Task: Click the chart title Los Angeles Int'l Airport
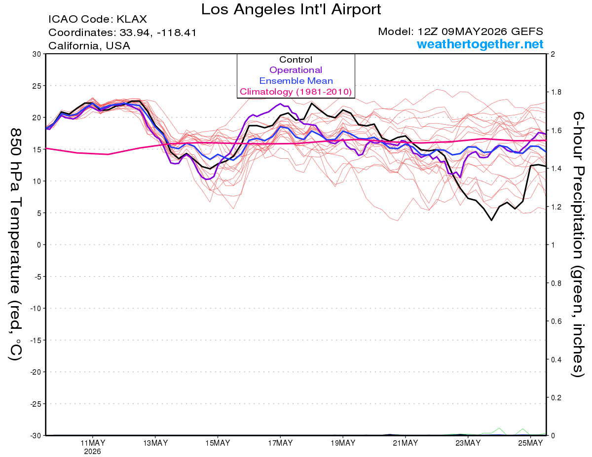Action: click(x=291, y=9)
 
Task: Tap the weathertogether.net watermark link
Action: click(x=480, y=44)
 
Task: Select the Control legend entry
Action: click(x=296, y=60)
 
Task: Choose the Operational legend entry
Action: click(x=296, y=70)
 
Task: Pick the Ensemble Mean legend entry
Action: click(x=296, y=81)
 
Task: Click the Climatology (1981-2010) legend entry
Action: click(x=296, y=92)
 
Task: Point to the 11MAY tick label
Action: click(x=93, y=443)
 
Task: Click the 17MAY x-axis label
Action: click(x=280, y=443)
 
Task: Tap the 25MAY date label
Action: click(x=530, y=443)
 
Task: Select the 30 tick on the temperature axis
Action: click(x=37, y=54)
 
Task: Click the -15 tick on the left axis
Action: click(x=36, y=340)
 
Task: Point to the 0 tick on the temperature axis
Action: click(x=39, y=245)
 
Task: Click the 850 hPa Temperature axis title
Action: click(x=15, y=244)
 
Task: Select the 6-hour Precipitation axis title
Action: click(x=578, y=244)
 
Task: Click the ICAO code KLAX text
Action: click(x=98, y=19)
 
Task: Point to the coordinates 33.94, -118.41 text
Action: click(x=122, y=33)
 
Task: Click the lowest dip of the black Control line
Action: click(x=491, y=220)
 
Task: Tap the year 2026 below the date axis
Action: click(x=92, y=452)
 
